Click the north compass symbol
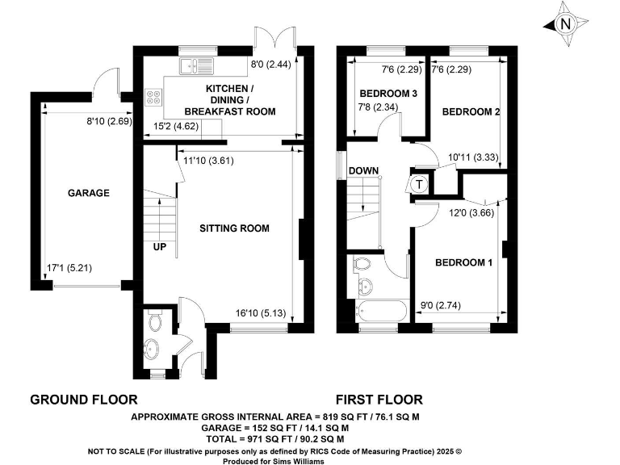pos(564,24)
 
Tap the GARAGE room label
pos(88,193)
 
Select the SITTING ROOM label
pos(234,228)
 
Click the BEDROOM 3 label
pos(387,94)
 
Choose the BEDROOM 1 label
pos(463,263)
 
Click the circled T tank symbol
pos(419,184)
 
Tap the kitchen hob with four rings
pos(153,98)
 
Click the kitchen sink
pos(196,66)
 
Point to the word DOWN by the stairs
pos(364,170)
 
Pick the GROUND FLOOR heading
pos(83,400)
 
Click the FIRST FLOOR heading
pos(379,400)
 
